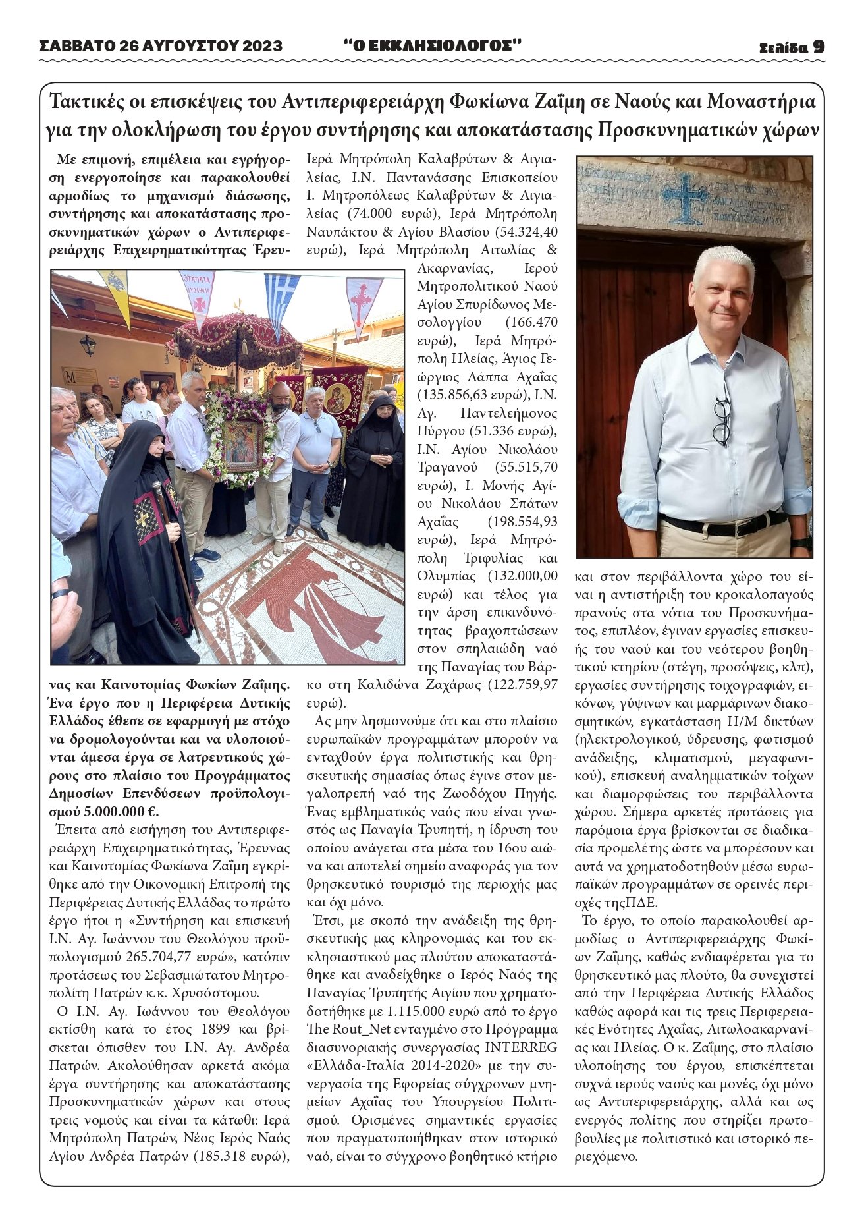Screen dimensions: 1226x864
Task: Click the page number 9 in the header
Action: [818, 46]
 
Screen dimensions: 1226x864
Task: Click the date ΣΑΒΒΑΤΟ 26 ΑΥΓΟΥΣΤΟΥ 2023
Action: [161, 46]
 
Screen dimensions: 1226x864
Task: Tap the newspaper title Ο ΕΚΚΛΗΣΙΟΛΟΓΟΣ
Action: [433, 45]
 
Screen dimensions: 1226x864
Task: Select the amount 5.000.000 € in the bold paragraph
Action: [122, 811]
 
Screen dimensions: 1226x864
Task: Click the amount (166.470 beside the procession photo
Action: [531, 323]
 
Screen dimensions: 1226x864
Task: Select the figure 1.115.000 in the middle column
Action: [407, 1011]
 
